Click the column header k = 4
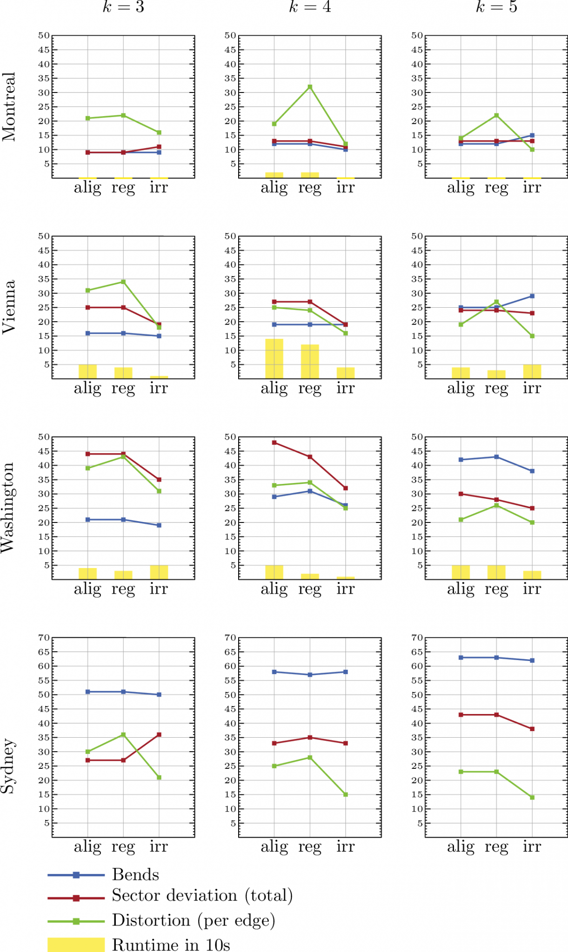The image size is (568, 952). coord(310,7)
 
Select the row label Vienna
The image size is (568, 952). coord(9,307)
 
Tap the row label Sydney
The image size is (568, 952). coord(9,766)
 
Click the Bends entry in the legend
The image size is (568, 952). coord(135,875)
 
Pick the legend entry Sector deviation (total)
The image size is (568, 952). coord(202,896)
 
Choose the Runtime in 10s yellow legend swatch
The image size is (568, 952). coord(76,945)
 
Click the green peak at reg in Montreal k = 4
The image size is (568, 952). coord(310,87)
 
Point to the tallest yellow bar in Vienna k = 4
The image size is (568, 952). coord(274,358)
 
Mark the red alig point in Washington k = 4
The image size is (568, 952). coord(274,443)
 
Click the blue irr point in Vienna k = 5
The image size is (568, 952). coord(532,296)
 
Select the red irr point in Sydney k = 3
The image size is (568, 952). coord(159,735)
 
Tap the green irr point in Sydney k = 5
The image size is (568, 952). coord(532,798)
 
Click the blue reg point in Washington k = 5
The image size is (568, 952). coord(496,457)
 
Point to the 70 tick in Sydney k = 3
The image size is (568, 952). coord(44,638)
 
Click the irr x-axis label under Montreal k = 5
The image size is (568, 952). coord(532,187)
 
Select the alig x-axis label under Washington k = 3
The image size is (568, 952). coord(87,589)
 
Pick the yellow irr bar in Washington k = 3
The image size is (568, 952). coord(159,572)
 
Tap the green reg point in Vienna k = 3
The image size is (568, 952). coord(123,282)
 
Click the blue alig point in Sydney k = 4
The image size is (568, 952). coord(274,672)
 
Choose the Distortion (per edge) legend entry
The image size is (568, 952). coord(193,920)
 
